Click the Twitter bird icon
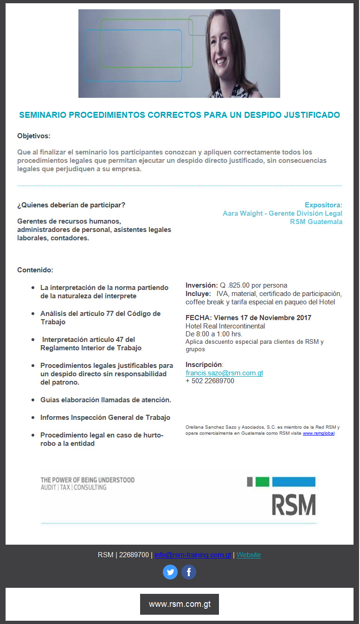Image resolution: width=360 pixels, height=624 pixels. pos(170,572)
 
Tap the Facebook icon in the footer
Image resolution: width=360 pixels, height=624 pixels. pos(189,572)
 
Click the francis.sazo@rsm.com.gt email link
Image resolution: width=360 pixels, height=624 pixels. pos(224,373)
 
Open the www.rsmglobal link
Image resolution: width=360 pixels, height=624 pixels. pos(318,433)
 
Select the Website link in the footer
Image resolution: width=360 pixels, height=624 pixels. pos(248,555)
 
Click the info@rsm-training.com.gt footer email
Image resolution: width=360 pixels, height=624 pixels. pos(193,555)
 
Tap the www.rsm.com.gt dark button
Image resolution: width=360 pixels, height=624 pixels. pos(180,604)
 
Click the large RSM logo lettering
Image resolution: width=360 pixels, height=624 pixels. pos(294,504)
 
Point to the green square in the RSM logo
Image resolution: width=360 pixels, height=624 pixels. pos(262,482)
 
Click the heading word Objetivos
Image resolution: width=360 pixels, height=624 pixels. pos(34,136)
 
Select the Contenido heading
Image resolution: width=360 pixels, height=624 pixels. pos(35,270)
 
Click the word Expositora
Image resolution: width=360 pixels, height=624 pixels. pos(323,205)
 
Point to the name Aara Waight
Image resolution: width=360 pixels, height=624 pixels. pos(242,213)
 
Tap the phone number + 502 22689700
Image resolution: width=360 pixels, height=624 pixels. pos(210,381)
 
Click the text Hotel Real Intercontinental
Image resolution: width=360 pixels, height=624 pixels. pos(225,326)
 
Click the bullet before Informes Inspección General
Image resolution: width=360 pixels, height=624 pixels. pos(32,418)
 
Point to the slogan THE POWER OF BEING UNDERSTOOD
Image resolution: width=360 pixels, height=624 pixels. pos(88,480)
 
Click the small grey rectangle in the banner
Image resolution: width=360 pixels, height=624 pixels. pos(199,26)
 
